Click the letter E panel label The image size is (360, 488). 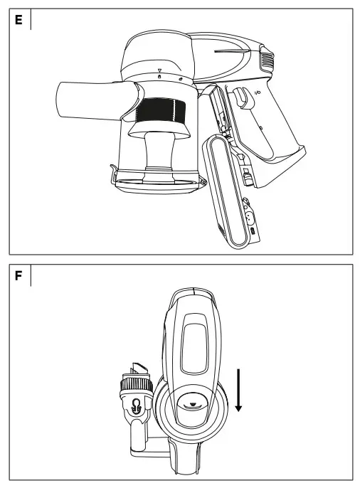pyautogui.click(x=18, y=19)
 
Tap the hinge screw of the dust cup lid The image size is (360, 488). pyautogui.click(x=203, y=183)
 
